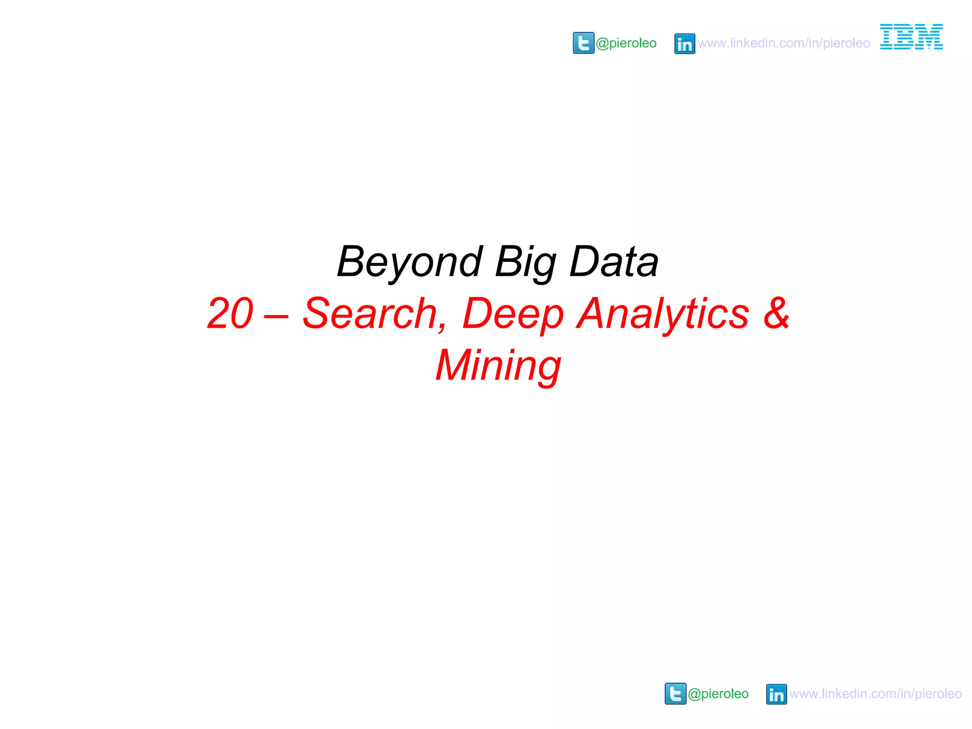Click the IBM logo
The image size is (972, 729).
pos(911,37)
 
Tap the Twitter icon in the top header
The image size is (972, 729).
pos(583,43)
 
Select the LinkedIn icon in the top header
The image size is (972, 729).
pos(684,44)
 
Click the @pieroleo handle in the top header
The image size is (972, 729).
pos(626,43)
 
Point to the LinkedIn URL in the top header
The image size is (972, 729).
pos(784,43)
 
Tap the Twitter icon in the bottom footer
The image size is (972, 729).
pos(675,693)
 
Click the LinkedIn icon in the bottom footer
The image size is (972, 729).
pos(776,694)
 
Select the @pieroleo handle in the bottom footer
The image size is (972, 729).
pos(718,694)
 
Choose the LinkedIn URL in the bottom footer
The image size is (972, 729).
pos(876,694)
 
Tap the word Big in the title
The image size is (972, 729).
pos(525,262)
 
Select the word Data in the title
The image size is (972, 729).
pos(614,262)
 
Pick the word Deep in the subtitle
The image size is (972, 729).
pos(513,314)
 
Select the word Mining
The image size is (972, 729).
pos(498,366)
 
